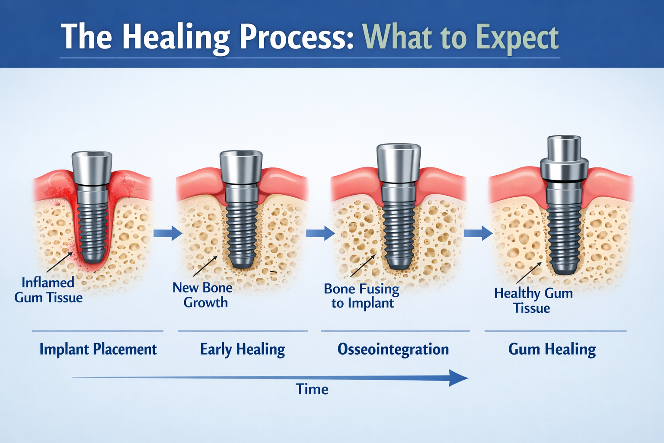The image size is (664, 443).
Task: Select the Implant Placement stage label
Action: click(x=98, y=349)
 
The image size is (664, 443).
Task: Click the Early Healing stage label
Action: click(x=242, y=349)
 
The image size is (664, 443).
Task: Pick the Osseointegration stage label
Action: click(x=393, y=349)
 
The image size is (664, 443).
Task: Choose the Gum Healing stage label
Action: click(x=552, y=349)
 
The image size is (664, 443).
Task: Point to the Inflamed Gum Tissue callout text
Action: click(x=48, y=290)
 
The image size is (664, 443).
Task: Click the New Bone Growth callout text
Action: click(x=203, y=295)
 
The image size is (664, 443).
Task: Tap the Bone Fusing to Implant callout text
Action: click(x=362, y=295)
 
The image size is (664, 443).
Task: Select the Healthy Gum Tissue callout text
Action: click(x=533, y=300)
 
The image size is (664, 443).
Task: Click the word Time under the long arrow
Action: click(x=312, y=389)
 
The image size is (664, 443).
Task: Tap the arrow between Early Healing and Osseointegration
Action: click(x=320, y=233)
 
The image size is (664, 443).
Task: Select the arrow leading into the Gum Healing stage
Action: click(x=478, y=233)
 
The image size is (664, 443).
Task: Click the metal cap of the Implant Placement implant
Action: click(x=92, y=168)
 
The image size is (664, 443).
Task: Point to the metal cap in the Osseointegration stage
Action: click(x=399, y=163)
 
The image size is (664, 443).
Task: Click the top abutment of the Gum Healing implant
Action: click(x=564, y=148)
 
